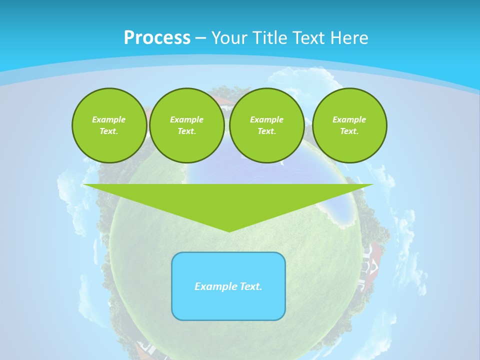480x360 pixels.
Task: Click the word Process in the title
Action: [157, 38]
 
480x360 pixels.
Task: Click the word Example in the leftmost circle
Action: [109, 119]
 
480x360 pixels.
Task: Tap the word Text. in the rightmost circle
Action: [349, 131]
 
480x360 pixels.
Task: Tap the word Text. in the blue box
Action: [251, 286]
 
